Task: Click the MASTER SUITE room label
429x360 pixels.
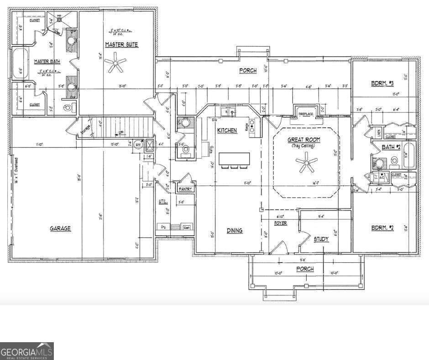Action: [121, 44]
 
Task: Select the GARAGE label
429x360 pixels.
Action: [60, 228]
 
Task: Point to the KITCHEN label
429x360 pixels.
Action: [227, 131]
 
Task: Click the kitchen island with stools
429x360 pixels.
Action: [235, 159]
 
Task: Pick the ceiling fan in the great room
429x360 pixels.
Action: [306, 163]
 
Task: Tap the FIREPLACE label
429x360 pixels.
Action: [305, 113]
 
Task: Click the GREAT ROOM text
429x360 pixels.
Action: [303, 140]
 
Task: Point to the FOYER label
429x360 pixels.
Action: [280, 223]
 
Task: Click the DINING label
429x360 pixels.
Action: [234, 231]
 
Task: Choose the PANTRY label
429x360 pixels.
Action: [185, 189]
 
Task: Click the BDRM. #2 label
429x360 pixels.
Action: [382, 228]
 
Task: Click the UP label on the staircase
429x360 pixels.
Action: [120, 133]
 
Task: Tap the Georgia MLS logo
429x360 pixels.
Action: [26, 351]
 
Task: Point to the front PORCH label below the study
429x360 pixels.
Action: [305, 269]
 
